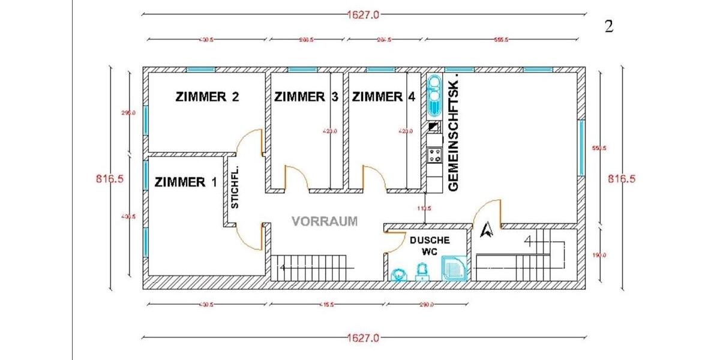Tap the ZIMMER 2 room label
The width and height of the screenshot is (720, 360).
click(x=208, y=97)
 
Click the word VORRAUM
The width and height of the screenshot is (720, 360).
click(x=324, y=221)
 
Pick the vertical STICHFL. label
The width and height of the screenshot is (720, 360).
click(x=235, y=187)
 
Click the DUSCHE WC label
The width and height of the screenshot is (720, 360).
click(x=430, y=245)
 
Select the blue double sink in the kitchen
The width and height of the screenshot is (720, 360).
click(x=433, y=96)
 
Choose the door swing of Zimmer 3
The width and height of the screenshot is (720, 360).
click(x=295, y=178)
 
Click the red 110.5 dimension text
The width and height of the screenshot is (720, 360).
click(x=424, y=208)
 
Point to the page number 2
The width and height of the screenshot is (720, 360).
click(x=608, y=28)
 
